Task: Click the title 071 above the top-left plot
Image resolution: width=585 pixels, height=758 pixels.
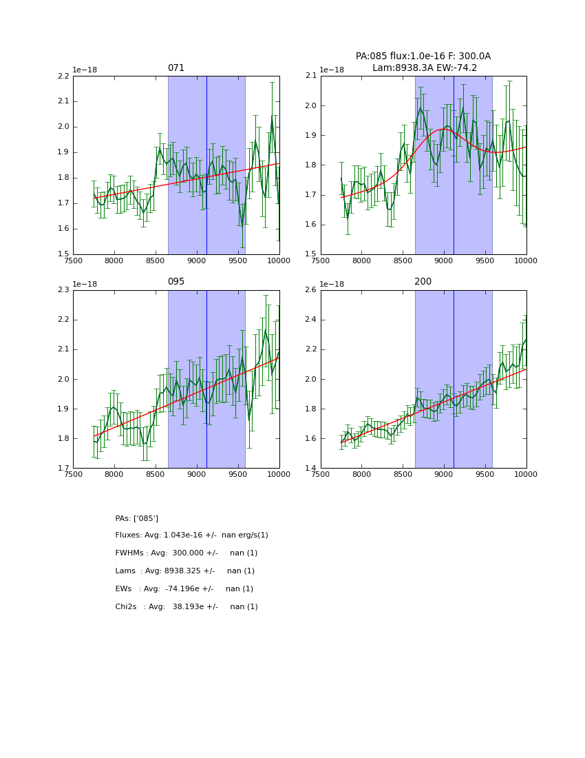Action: pyautogui.click(x=176, y=68)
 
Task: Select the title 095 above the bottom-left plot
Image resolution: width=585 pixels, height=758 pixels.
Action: pyautogui.click(x=176, y=282)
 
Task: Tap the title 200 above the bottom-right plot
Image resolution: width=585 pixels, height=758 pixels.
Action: pyautogui.click(x=423, y=282)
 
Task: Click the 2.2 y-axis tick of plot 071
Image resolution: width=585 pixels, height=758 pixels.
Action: pyautogui.click(x=63, y=76)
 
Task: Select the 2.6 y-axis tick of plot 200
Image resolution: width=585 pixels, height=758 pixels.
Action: pyautogui.click(x=310, y=290)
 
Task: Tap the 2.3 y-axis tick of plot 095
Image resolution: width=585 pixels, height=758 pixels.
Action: pyautogui.click(x=63, y=290)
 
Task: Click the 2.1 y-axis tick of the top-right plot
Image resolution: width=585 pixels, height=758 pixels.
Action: pyautogui.click(x=310, y=76)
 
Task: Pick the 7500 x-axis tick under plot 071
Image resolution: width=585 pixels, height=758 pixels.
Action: pyautogui.click(x=74, y=261)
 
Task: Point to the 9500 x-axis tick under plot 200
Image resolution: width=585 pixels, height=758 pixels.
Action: pyautogui.click(x=485, y=475)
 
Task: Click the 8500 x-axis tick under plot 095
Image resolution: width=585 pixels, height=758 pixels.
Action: pyautogui.click(x=156, y=475)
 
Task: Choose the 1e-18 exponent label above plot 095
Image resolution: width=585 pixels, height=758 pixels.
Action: pyautogui.click(x=85, y=284)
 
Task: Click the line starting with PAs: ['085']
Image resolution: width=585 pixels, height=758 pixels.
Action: pyautogui.click(x=137, y=518)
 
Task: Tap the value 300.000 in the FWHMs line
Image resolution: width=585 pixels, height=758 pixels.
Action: pyautogui.click(x=184, y=553)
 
